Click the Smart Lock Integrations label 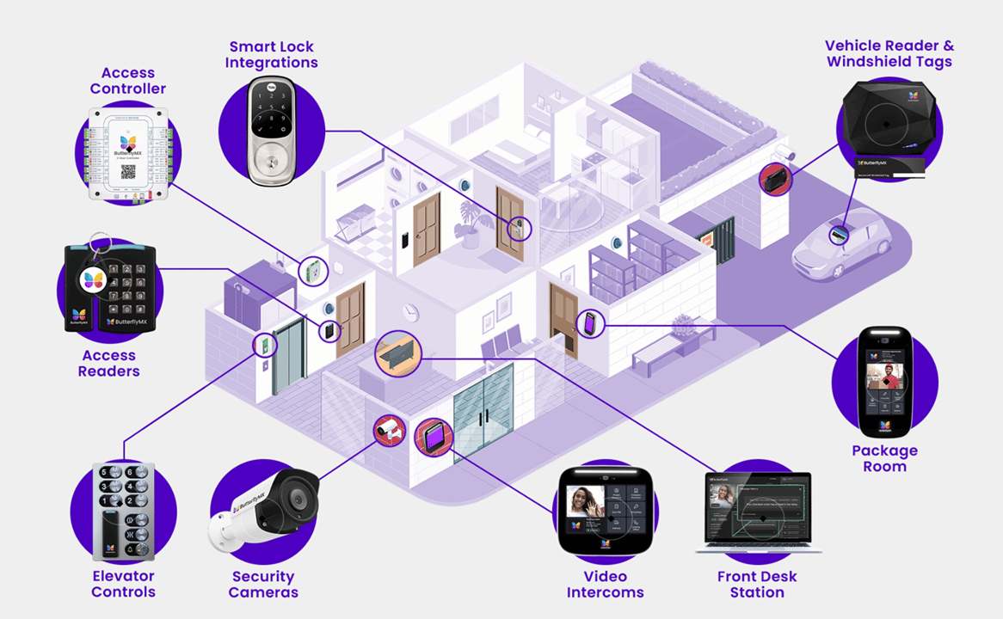point(271,54)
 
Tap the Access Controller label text point(128,81)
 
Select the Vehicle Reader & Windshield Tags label point(889,53)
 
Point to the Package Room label point(884,458)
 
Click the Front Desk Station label point(757,584)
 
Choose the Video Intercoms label point(605,584)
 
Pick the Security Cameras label point(263,584)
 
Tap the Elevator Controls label point(123,584)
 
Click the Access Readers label point(109,363)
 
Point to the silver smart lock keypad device point(271,129)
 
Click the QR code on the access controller point(128,171)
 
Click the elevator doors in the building point(289,356)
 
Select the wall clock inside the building point(410,310)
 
